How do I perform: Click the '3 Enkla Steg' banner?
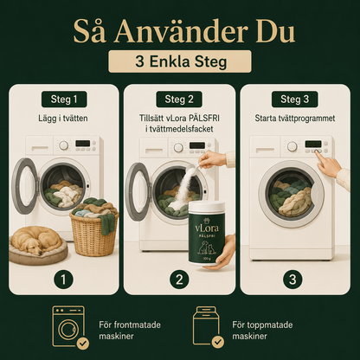pyautogui.click(x=180, y=61)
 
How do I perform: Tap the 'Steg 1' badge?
pyautogui.click(x=64, y=100)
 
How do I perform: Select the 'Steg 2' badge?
pyautogui.click(x=179, y=100)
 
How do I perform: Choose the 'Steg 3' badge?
pyautogui.click(x=294, y=100)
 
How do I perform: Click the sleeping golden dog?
pyautogui.click(x=35, y=241)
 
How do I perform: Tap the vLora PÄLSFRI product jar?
pyautogui.click(x=207, y=233)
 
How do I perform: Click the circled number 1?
pyautogui.click(x=63, y=280)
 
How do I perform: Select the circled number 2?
pyautogui.click(x=179, y=280)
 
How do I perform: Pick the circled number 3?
pyautogui.click(x=292, y=280)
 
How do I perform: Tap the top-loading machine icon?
pyautogui.click(x=206, y=326)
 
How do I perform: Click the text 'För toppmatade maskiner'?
pyautogui.click(x=262, y=331)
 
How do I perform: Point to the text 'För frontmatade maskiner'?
pyautogui.click(x=130, y=331)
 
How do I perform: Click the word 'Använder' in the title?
pyautogui.click(x=181, y=32)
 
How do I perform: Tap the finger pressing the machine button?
pyautogui.click(x=320, y=156)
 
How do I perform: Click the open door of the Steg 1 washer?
pyautogui.click(x=25, y=186)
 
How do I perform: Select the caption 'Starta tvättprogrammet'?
pyautogui.click(x=295, y=119)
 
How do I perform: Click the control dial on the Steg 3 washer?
pyautogui.click(x=292, y=146)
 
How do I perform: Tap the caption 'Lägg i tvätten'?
pyautogui.click(x=63, y=119)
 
